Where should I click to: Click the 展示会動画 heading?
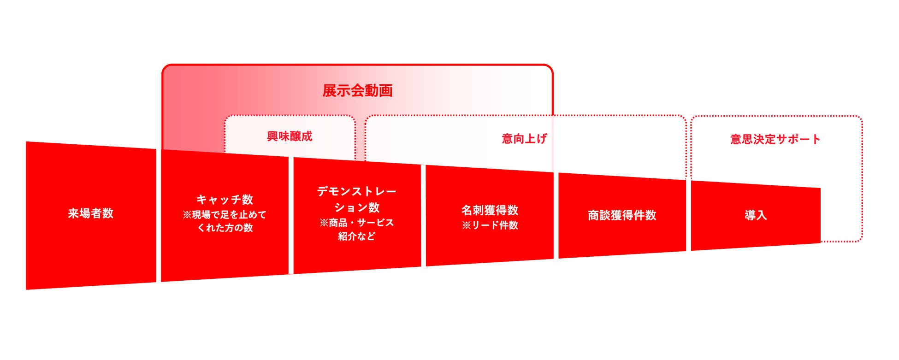[357, 90]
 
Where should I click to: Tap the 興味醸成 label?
[290, 136]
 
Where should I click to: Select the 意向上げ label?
[524, 138]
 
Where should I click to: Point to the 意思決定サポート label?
[775, 139]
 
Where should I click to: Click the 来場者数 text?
[90, 213]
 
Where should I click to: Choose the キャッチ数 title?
[225, 200]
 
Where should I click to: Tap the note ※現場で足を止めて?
[225, 215]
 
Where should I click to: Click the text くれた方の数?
[225, 228]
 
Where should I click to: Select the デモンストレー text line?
[356, 191]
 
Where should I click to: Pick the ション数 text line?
[356, 207]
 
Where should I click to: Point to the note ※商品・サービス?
[356, 223]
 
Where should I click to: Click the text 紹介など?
[356, 236]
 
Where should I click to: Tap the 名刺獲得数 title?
[490, 210]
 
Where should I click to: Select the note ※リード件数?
[490, 225]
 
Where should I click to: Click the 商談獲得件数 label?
[622, 215]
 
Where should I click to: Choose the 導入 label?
[756, 215]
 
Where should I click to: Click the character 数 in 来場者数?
[108, 213]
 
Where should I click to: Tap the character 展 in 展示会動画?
[329, 90]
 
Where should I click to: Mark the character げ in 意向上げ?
[541, 138]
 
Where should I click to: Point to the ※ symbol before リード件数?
[466, 225]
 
